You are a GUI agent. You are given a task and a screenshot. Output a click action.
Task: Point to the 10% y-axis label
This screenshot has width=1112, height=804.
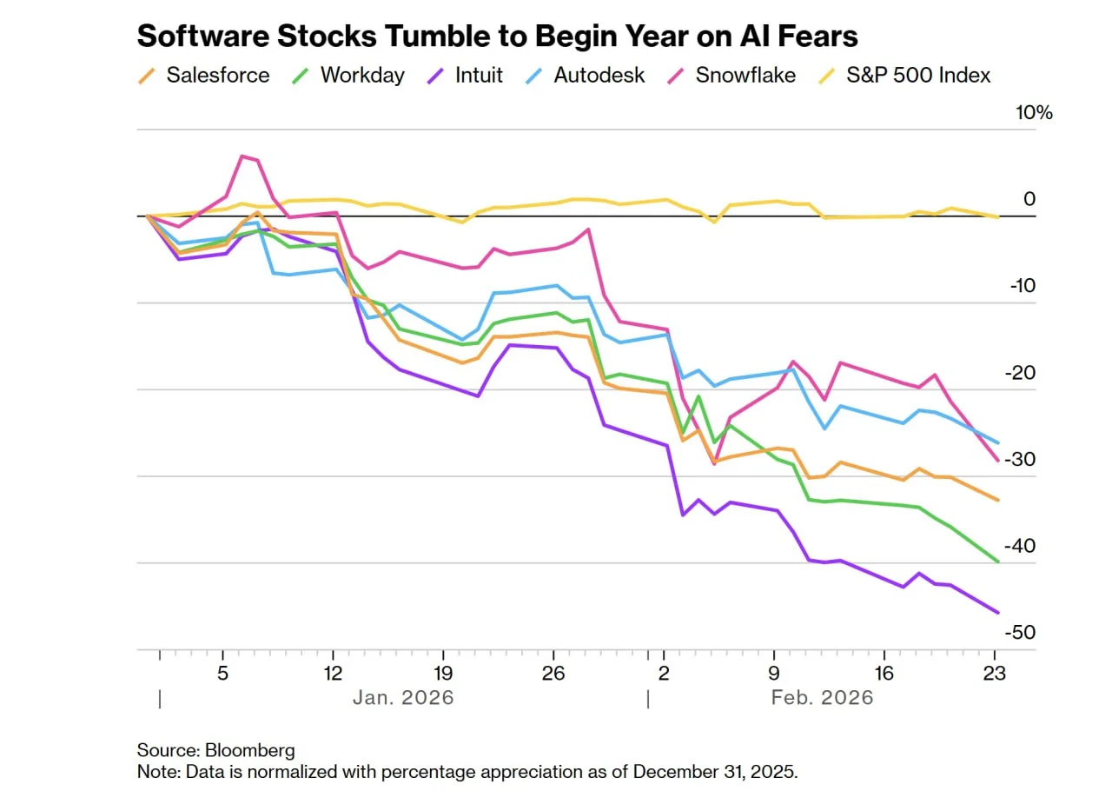coord(1034,113)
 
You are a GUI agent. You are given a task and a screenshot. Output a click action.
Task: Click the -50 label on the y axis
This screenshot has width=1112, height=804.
coord(1022,633)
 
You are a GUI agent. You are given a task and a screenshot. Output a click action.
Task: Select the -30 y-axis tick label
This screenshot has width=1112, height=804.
coord(1022,459)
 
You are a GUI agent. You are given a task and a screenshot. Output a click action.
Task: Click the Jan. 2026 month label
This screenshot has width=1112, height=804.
coord(403,698)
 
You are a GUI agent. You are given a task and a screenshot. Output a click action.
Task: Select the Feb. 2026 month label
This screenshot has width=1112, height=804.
coord(822,698)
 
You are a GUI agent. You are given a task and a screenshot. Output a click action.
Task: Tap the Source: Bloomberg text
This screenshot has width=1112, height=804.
coord(215,750)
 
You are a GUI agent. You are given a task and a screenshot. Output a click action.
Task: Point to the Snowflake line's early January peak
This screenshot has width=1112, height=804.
coord(242,156)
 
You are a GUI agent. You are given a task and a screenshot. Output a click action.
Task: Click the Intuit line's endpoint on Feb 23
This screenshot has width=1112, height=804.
coord(997,613)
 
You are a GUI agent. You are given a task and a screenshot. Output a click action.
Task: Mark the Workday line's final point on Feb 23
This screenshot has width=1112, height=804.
coord(997,561)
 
